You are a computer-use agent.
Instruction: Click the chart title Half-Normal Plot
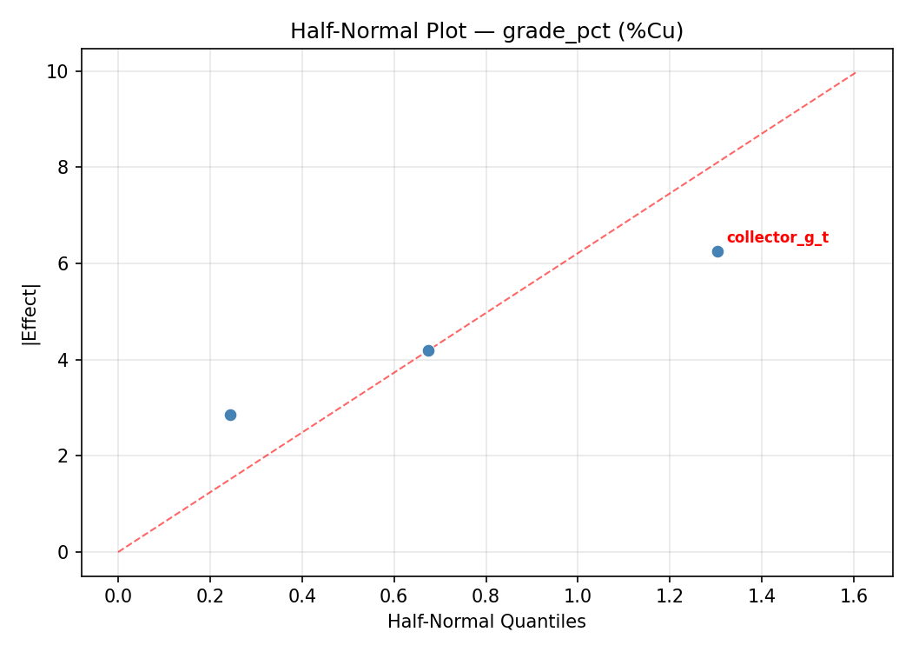[486, 31]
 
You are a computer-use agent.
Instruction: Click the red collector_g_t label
[777, 238]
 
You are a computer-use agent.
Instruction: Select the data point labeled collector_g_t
[717, 251]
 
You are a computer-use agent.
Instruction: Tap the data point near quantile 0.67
[428, 350]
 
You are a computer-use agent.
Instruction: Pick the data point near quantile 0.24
[230, 415]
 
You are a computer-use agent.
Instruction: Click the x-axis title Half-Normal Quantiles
[486, 622]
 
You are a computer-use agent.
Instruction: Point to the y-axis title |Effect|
[31, 313]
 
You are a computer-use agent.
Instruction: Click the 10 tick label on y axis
[58, 71]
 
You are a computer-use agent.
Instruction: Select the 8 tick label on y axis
[63, 167]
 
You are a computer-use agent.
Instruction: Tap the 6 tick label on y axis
[63, 263]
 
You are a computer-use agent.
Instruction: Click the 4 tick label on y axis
[63, 360]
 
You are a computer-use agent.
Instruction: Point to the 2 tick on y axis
[63, 456]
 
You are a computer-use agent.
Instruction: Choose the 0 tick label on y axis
[63, 552]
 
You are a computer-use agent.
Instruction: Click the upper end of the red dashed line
[856, 72]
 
